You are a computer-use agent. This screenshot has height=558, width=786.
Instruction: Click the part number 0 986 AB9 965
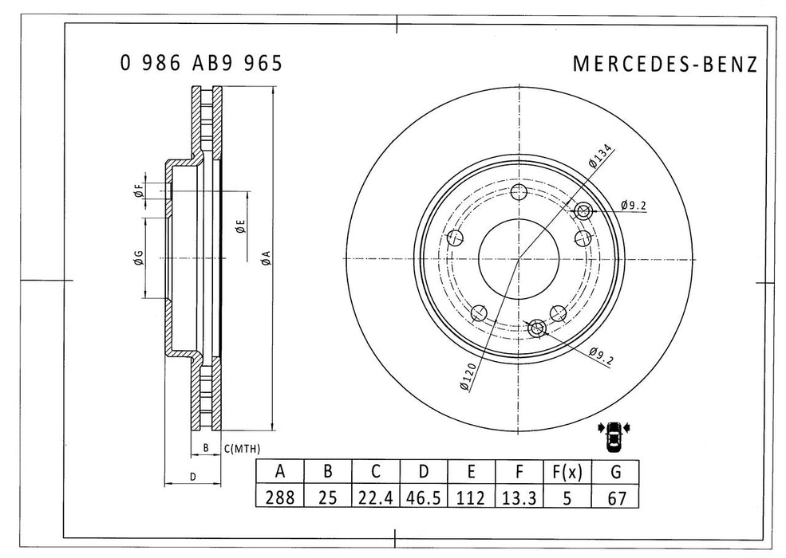click(x=201, y=64)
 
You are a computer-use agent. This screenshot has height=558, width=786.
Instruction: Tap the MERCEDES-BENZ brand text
click(x=665, y=65)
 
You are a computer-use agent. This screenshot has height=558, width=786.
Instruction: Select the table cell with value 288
click(x=279, y=497)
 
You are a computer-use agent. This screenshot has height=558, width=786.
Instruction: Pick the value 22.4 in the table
click(x=376, y=497)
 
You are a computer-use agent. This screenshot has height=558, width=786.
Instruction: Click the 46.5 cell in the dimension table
click(x=424, y=497)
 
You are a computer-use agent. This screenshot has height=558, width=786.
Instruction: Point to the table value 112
click(x=472, y=497)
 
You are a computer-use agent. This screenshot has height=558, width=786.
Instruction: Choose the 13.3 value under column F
click(x=519, y=497)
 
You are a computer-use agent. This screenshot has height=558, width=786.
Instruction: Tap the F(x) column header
click(x=567, y=473)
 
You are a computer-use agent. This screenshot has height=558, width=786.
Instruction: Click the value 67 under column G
click(x=615, y=497)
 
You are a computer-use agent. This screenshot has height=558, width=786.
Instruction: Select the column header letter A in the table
click(x=279, y=473)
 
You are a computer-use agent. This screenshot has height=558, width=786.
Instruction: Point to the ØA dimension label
click(x=266, y=257)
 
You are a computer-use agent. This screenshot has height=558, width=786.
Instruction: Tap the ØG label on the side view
click(x=138, y=257)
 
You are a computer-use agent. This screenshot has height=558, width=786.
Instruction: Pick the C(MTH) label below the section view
click(x=242, y=448)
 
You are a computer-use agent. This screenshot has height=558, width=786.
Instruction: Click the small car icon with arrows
click(x=614, y=434)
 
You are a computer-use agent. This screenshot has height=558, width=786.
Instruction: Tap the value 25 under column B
click(x=327, y=497)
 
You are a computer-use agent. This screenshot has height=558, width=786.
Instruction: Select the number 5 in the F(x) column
click(x=567, y=497)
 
